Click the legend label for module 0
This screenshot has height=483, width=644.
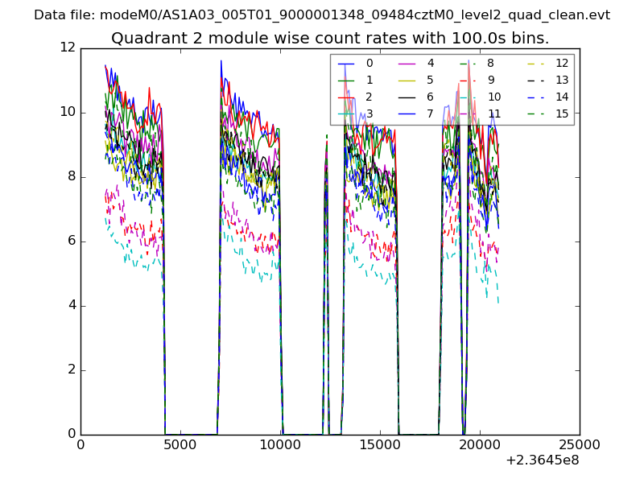tap(369, 63)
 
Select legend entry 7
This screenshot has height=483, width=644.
tap(430, 114)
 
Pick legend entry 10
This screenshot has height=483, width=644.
tap(494, 97)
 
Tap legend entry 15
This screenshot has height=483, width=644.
tap(562, 114)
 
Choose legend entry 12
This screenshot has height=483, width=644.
tap(562, 63)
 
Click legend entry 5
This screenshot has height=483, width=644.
tap(430, 80)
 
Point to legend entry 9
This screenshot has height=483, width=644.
tap(491, 80)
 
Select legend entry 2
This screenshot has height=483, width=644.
tap(369, 97)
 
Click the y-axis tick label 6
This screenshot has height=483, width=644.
tap(71, 242)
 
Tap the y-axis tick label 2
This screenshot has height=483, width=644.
tap(71, 370)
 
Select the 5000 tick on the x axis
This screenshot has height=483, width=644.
tap(180, 445)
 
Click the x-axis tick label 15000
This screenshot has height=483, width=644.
tap(380, 445)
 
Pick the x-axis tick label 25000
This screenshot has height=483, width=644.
tap(580, 445)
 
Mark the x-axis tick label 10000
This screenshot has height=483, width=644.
tap(280, 445)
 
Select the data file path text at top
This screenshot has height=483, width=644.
tap(322, 15)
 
